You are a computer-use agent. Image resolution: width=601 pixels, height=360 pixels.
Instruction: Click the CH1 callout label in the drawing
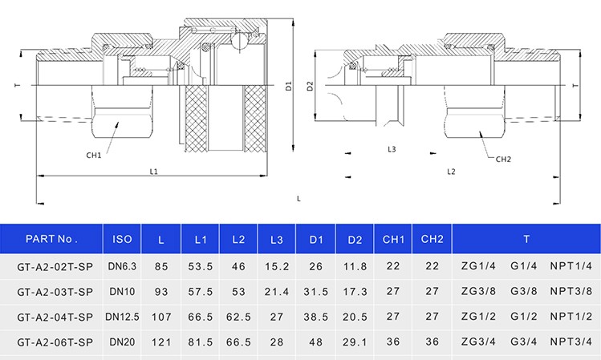94,155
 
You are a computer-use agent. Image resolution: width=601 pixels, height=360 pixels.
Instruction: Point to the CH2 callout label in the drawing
503,159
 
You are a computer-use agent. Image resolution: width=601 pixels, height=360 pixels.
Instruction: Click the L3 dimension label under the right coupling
392,149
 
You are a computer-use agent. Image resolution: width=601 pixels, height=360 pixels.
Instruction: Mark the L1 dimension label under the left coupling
154,171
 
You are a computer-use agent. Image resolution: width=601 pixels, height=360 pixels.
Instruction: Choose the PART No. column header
51,238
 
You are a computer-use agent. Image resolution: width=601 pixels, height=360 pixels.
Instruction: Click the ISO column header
122,238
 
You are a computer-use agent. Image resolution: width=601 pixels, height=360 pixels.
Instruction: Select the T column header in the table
526,238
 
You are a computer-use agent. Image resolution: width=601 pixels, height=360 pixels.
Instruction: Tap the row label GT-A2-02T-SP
51,266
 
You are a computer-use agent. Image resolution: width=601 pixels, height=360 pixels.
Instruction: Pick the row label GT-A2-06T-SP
51,342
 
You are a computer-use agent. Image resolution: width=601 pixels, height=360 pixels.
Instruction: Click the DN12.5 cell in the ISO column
122,317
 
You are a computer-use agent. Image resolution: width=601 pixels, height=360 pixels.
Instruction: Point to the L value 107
161,317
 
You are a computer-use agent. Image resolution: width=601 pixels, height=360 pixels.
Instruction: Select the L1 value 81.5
200,342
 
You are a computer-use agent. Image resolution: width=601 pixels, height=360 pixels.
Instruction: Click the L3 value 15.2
277,266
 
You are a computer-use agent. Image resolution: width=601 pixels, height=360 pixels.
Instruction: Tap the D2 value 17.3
354,291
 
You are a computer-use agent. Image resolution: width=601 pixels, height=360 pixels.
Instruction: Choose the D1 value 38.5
315,317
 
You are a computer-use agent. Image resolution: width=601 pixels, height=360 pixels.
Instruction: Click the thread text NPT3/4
571,342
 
